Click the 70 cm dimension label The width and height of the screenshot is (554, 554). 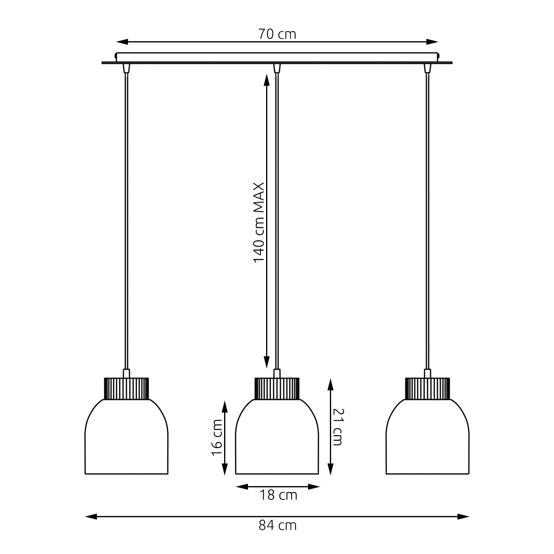pos(277,34)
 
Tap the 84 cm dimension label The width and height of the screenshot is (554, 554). pos(277,525)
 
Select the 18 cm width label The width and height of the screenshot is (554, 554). pos(278,495)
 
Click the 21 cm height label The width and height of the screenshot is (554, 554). pos(337,427)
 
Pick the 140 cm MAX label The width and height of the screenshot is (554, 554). pos(259,223)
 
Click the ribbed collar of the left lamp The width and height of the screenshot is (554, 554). pos(126,388)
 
